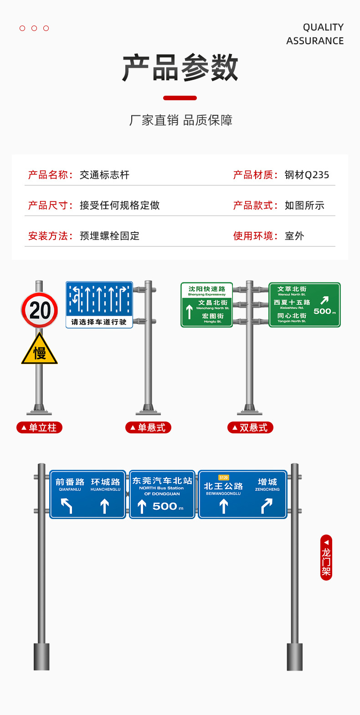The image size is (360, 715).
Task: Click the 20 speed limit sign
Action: pos(40,310)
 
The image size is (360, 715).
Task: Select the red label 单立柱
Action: pos(39,427)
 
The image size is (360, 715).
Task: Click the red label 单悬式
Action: pos(148,427)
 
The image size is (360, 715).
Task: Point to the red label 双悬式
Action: pos(250,427)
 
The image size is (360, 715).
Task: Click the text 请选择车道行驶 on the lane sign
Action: pos(99,322)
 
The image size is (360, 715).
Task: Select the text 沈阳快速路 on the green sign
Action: pos(207,289)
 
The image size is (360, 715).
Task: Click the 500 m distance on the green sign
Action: pos(324,311)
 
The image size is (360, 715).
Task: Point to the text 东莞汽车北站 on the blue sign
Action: pos(162,481)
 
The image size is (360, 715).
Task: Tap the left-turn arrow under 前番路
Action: pos(67,505)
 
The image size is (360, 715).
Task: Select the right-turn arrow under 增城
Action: pos(267,505)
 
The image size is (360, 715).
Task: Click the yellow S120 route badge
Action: pos(223,478)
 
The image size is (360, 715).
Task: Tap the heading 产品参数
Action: pos(180,68)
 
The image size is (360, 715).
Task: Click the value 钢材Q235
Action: pos(307,175)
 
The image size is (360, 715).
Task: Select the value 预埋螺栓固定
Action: pos(109,236)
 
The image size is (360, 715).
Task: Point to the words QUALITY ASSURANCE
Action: pos(315,34)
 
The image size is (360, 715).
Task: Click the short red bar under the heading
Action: pos(180,98)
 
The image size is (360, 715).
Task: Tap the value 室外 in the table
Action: pos(294,236)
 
